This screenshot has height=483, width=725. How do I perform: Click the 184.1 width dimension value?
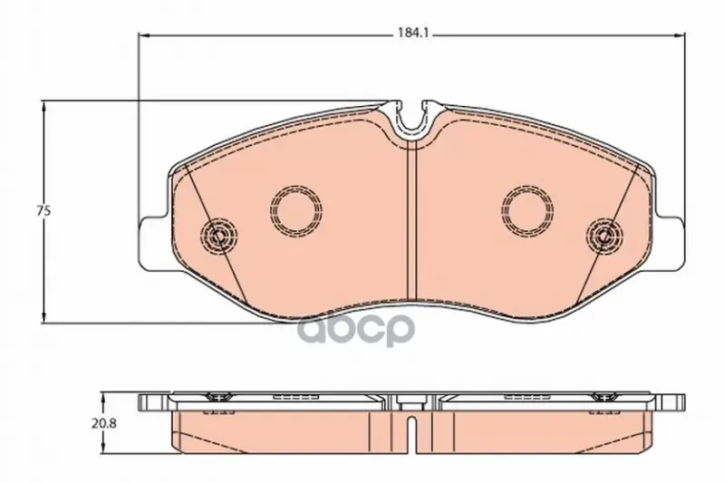pos(410,34)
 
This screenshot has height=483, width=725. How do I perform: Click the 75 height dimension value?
pos(43,211)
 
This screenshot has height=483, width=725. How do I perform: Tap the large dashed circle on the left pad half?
pos(295,211)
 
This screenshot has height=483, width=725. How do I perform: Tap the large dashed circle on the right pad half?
pos(528,211)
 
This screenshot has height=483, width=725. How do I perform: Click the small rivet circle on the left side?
pos(218,236)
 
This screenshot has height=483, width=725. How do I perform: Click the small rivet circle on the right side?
pos(604,236)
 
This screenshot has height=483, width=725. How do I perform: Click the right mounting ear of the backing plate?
pos(671,244)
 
